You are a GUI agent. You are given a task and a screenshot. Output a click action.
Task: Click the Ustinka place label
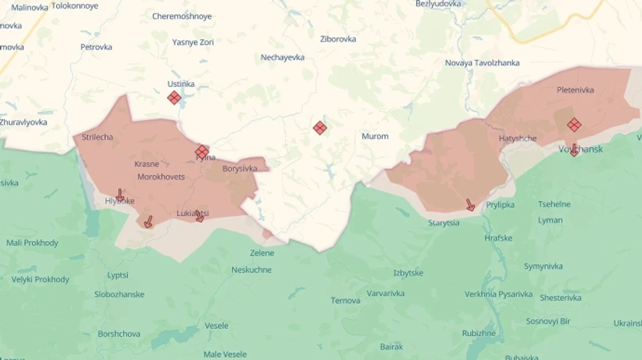coord(180,83)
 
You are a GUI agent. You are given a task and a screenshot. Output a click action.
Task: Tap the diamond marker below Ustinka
coord(174,98)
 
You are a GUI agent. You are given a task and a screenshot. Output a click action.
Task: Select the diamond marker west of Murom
coord(320,128)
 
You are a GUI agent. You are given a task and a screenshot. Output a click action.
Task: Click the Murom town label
coord(374,136)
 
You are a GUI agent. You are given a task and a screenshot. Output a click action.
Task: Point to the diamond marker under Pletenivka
coord(574,125)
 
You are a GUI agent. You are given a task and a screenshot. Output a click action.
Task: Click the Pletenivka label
coord(575,90)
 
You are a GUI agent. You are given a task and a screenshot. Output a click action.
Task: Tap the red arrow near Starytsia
coord(470,205)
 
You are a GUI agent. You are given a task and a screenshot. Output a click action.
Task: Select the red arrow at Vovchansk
coord(574,150)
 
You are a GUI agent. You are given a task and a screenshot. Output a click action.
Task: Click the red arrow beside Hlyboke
coord(120,195)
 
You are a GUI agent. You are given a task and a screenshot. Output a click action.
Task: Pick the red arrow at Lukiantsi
coord(200,215)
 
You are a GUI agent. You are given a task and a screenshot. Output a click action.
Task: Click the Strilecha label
coord(97,137)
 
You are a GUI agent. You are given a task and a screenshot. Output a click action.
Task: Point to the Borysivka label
coord(240,169)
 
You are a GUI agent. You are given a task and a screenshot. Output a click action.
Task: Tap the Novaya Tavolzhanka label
coord(482,63)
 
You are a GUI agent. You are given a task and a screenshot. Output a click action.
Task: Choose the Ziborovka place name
coord(338,39)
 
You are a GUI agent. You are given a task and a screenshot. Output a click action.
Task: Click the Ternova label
coord(345,300)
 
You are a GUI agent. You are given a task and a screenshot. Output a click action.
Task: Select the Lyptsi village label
coord(118,275)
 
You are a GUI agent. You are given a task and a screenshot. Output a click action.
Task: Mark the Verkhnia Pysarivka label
coord(499,294)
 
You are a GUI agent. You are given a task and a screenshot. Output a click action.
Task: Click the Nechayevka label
coord(282,57)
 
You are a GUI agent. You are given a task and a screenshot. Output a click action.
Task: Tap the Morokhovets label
coord(161,177)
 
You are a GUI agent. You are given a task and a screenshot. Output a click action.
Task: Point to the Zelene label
coord(262,253)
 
